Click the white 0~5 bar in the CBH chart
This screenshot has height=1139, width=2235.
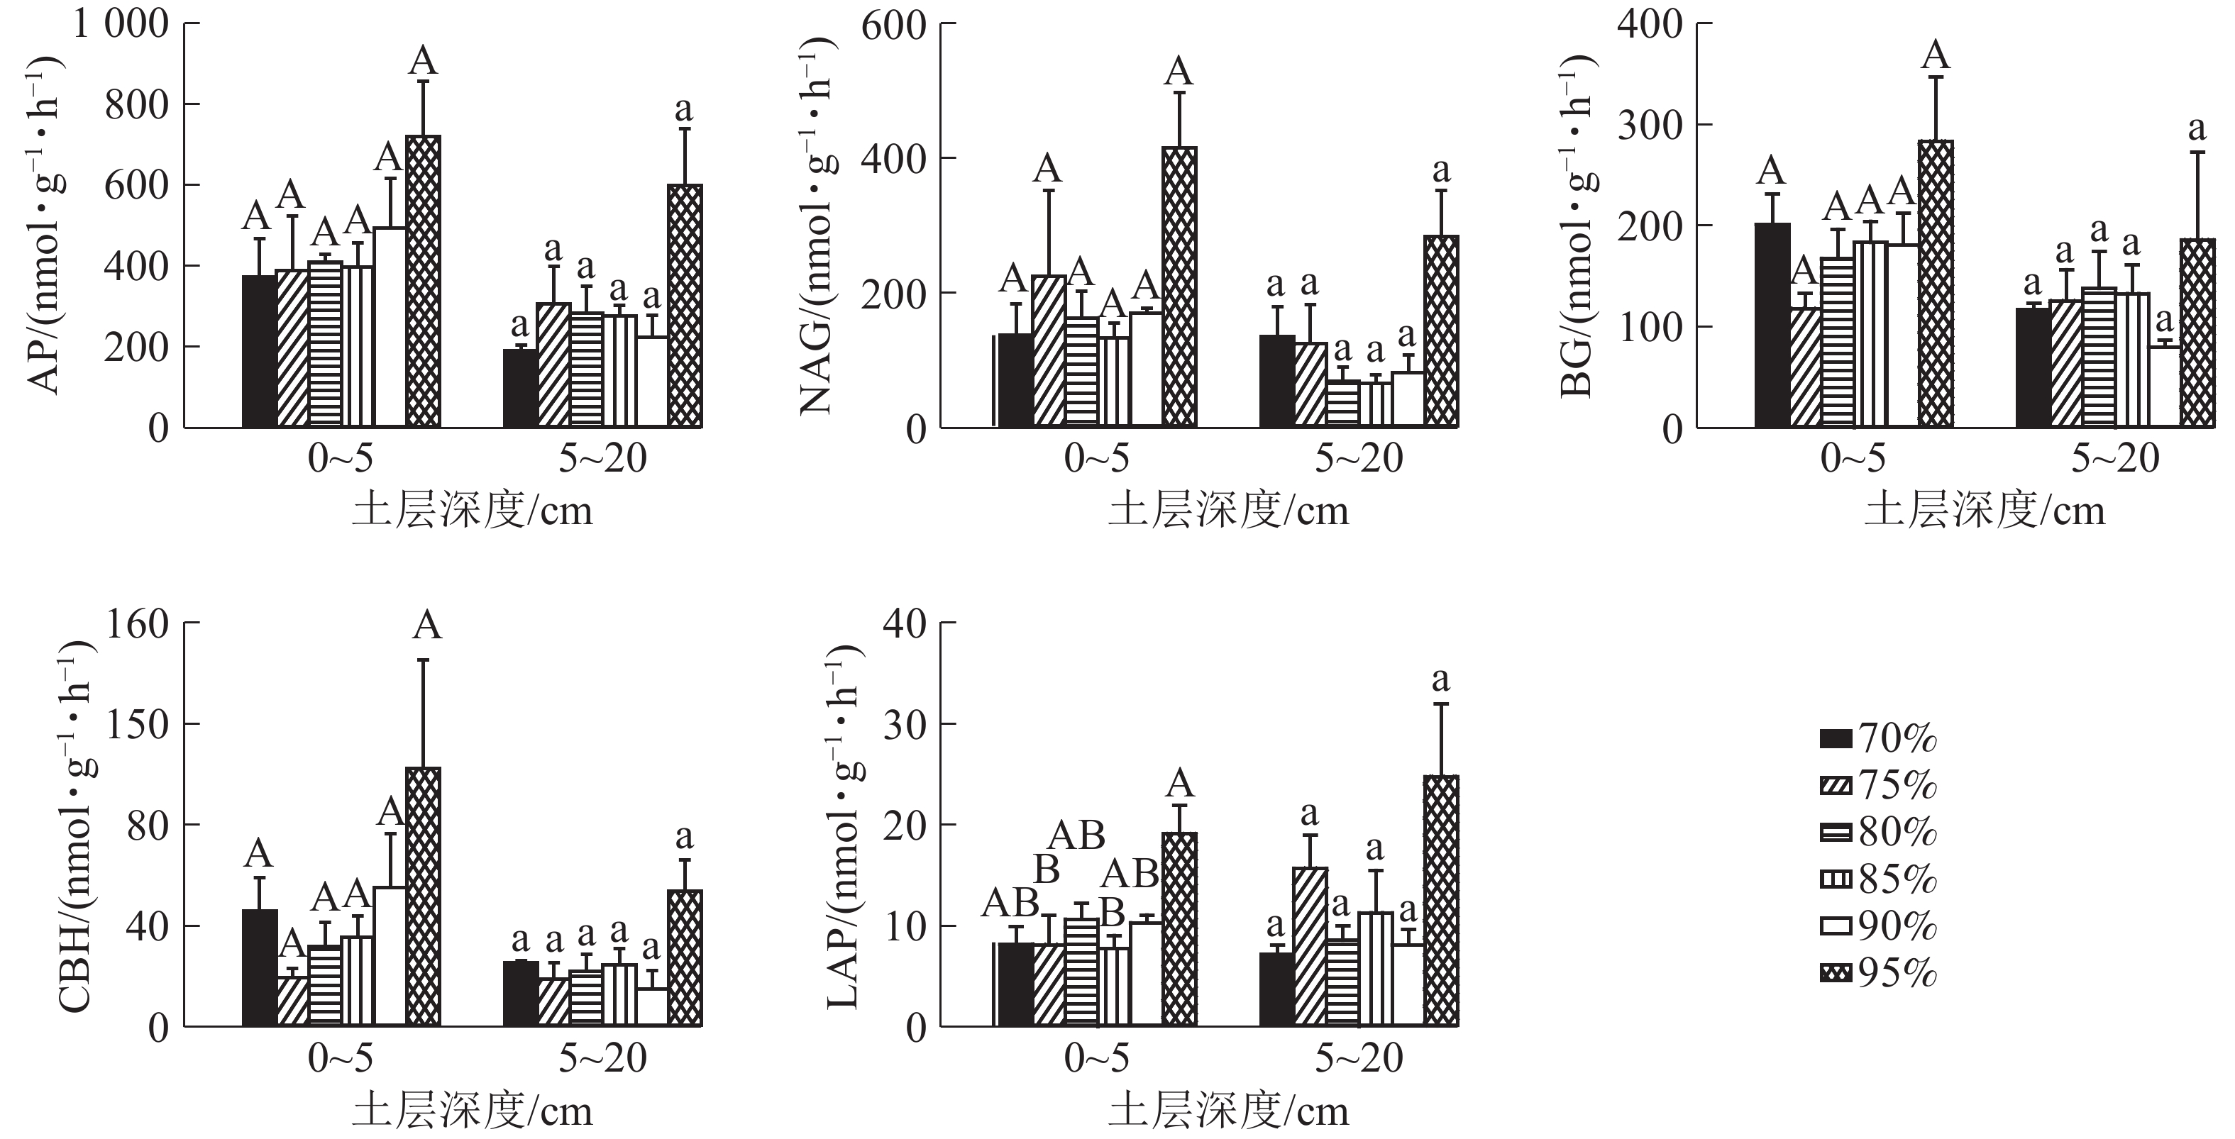(x=390, y=956)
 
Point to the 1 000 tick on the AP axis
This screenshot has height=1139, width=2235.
(x=121, y=24)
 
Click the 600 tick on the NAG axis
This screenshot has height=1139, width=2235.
(x=894, y=24)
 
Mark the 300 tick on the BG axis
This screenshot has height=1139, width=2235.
(x=1650, y=126)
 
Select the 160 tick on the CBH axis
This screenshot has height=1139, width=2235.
(x=136, y=623)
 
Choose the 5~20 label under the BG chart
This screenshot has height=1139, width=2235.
(x=2116, y=458)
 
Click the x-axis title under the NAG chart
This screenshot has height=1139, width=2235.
(x=1229, y=511)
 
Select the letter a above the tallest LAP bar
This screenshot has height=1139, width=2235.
(x=1441, y=679)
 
